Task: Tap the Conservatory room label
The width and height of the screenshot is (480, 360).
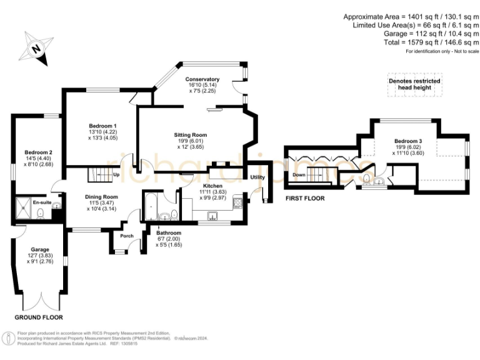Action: click(202, 79)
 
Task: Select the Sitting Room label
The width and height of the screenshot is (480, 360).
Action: click(190, 134)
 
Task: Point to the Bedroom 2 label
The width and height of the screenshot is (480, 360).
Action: click(38, 152)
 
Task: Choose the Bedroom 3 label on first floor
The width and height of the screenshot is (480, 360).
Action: click(408, 141)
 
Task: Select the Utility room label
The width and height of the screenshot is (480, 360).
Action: click(257, 177)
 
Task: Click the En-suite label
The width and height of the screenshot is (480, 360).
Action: click(41, 203)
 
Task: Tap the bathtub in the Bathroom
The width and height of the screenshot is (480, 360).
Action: click(150, 207)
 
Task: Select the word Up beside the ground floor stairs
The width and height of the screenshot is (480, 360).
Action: click(116, 175)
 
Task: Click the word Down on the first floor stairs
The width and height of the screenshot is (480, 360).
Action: click(299, 175)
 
